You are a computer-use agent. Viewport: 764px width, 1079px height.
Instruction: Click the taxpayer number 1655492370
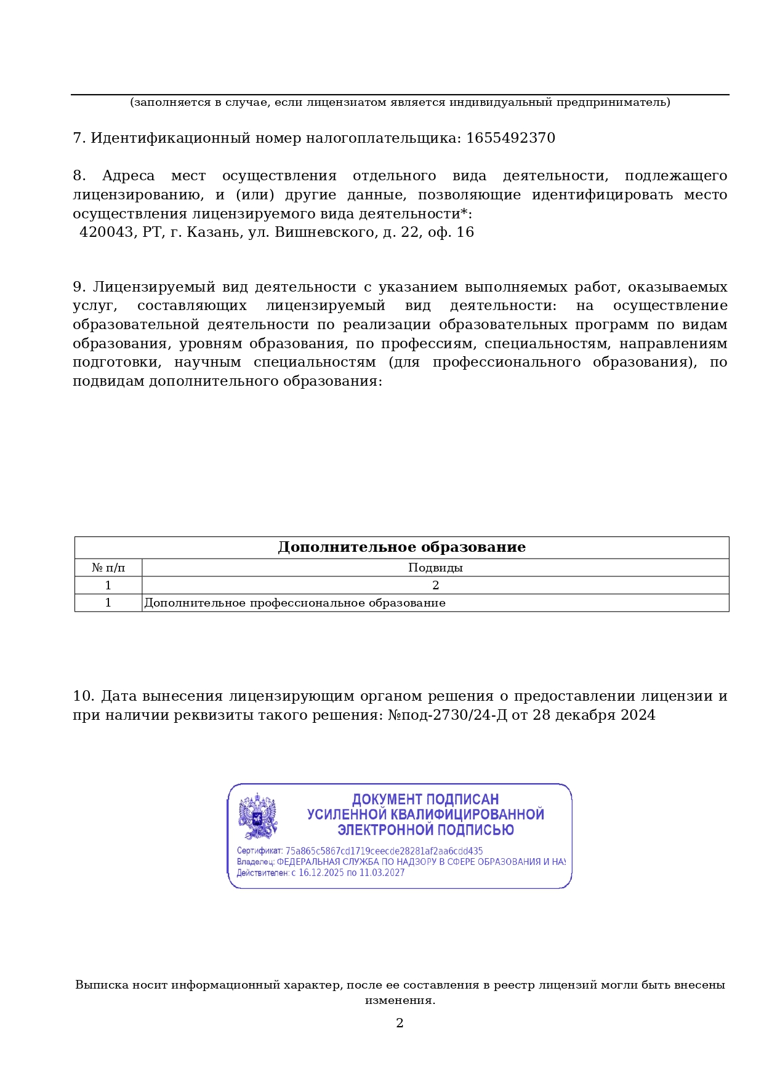click(510, 138)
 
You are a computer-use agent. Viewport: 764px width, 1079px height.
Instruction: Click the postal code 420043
click(106, 233)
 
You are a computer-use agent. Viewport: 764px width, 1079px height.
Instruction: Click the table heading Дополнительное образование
click(401, 547)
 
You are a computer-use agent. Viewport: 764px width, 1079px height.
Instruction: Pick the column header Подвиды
click(435, 568)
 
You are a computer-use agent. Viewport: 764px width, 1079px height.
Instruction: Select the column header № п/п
click(108, 568)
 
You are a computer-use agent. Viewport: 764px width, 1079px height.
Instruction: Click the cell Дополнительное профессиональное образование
click(294, 603)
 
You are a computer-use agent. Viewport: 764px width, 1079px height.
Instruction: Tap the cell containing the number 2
click(435, 585)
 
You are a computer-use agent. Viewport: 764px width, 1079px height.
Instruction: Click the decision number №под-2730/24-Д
click(447, 715)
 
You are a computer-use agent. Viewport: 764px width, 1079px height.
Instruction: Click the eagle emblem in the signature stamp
click(258, 816)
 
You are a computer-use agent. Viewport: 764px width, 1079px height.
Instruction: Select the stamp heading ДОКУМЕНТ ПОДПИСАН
click(425, 799)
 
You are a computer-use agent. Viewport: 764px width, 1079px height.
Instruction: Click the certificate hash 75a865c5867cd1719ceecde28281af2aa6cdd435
click(384, 851)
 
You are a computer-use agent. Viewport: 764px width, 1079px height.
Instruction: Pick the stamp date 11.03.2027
click(382, 872)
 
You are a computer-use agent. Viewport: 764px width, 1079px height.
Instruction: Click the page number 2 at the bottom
click(400, 1023)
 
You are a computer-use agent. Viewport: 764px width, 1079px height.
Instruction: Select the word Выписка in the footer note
click(102, 985)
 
